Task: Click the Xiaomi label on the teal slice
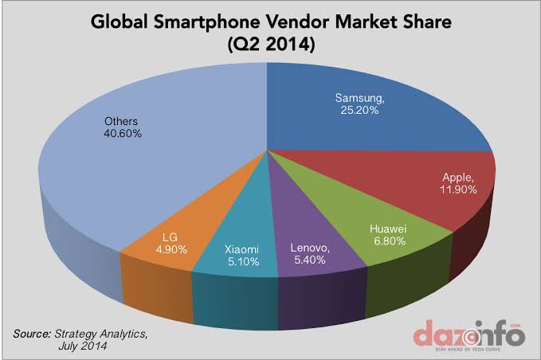(x=240, y=246)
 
